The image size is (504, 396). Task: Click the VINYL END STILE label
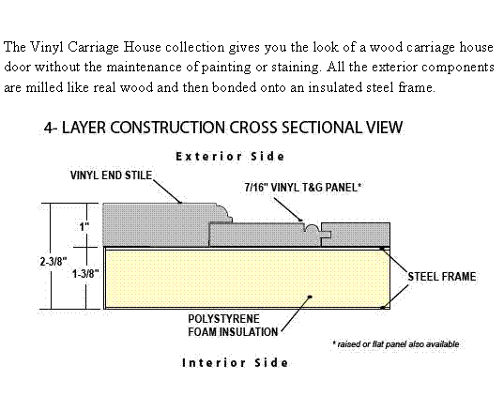111,175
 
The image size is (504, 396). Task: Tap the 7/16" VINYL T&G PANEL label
303,187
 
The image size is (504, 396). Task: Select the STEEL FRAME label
442,277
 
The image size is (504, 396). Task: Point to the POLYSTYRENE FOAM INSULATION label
233,326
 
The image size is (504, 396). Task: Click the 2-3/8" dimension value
53,261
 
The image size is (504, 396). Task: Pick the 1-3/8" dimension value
85,274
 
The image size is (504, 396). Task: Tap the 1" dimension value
84,226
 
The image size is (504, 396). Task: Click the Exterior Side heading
230,157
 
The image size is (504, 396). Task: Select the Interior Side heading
235,362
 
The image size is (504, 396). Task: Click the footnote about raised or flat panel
396,344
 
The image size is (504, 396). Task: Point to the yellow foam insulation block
247,279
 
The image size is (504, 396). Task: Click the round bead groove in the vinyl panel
312,228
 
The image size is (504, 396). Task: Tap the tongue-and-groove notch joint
326,235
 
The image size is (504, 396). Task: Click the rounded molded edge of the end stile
224,212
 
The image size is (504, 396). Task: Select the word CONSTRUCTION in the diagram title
168,128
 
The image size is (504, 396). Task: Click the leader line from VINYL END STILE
167,191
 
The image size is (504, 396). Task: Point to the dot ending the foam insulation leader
310,297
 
